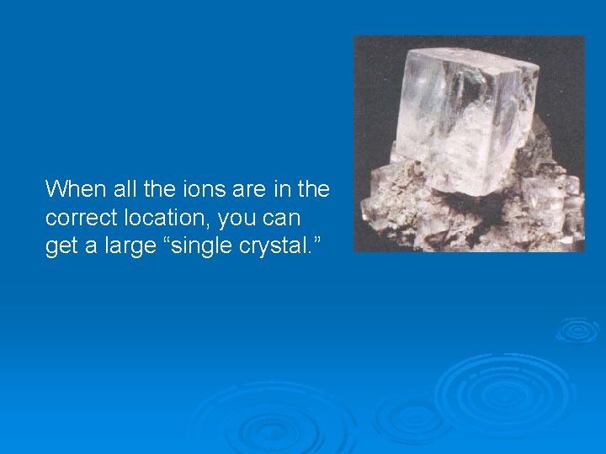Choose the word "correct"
coord(77,217)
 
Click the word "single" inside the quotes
coord(188,246)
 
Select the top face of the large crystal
coord(471,63)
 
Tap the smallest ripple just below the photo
coord(577,330)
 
